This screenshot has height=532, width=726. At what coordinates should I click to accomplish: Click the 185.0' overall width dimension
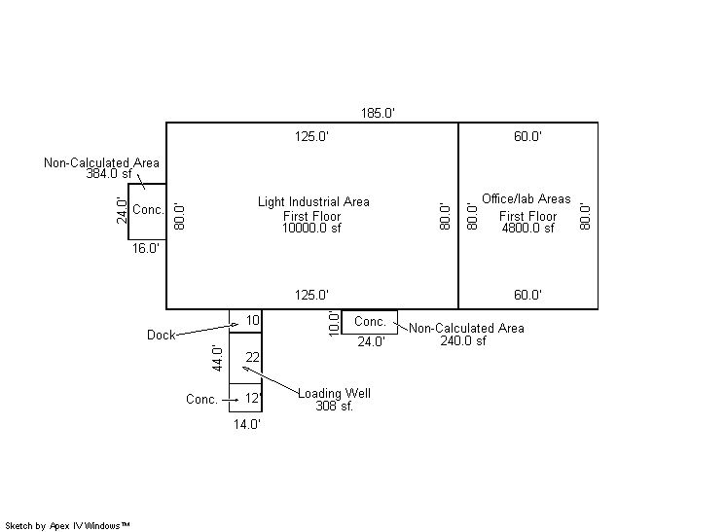(377, 114)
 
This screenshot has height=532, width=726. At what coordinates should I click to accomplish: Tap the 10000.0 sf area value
(313, 229)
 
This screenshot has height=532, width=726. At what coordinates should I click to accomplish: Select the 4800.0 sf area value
(527, 229)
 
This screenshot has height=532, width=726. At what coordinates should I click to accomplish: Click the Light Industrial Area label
(313, 202)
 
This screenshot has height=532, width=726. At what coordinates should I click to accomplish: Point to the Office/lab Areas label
(526, 199)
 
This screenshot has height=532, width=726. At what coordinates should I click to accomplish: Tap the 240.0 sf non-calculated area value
(463, 341)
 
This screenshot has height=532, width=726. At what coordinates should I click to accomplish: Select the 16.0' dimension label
(146, 249)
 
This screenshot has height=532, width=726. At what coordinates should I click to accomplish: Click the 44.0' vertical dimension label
(219, 358)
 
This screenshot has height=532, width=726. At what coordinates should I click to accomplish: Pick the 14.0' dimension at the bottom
(245, 424)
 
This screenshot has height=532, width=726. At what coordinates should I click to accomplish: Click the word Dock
(161, 335)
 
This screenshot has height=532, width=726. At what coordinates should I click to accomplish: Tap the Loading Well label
(334, 394)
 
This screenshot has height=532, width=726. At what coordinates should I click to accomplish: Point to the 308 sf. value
(334, 406)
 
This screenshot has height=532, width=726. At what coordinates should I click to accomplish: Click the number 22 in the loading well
(252, 357)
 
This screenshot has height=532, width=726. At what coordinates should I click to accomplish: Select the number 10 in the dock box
(252, 320)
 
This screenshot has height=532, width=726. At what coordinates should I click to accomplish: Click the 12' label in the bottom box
(253, 398)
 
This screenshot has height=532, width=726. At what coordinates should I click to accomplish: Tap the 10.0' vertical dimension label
(333, 323)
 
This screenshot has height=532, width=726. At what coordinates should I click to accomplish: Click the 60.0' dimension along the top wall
(527, 137)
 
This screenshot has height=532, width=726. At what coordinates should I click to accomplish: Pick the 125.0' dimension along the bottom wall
(311, 295)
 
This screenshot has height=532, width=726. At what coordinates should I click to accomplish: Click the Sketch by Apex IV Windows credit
(68, 525)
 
